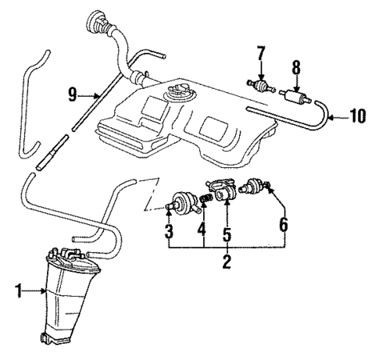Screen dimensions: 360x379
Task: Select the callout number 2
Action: pyautogui.click(x=227, y=263)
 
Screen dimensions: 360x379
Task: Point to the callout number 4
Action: pyautogui.click(x=202, y=233)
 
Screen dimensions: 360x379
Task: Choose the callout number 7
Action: pyautogui.click(x=260, y=52)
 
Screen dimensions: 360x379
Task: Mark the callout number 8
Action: pyautogui.click(x=297, y=68)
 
